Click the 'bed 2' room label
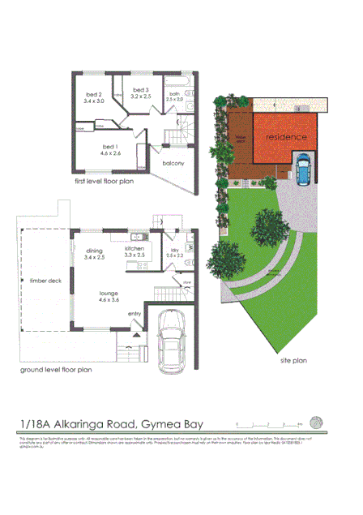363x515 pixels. coord(95,95)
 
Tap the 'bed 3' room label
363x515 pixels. coord(141,89)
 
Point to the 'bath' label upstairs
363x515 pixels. coord(175,93)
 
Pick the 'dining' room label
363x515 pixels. coord(95,251)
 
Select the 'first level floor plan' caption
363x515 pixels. coord(104,182)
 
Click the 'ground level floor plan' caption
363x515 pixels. coord(56,370)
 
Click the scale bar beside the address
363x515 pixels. coord(267,423)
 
